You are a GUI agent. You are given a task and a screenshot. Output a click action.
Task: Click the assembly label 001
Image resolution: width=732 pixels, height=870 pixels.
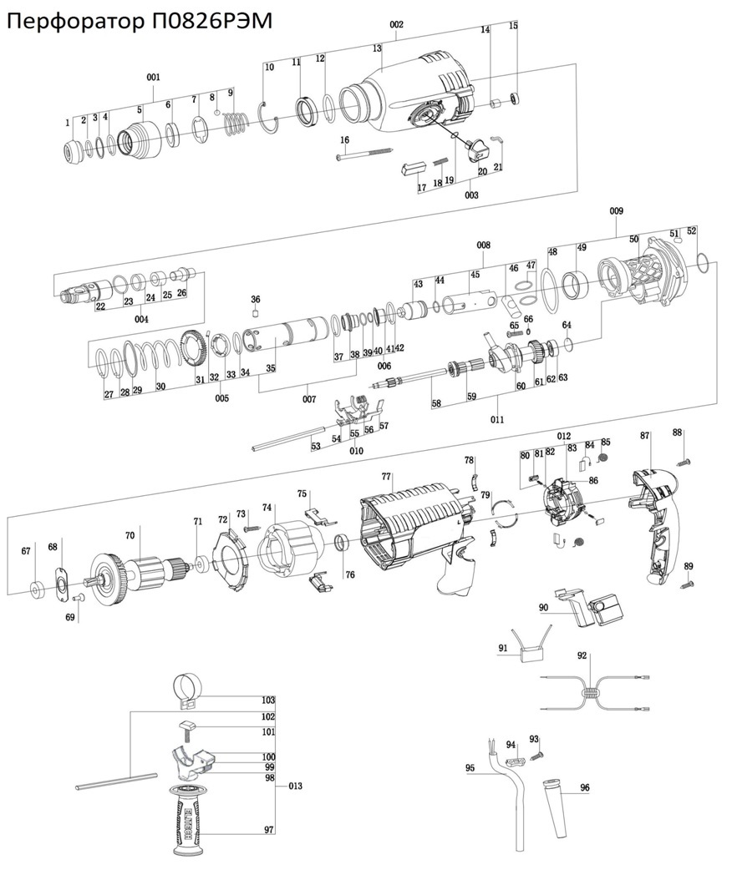[x=153, y=78]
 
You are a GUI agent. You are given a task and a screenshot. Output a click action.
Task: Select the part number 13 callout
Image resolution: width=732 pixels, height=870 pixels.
[x=377, y=49]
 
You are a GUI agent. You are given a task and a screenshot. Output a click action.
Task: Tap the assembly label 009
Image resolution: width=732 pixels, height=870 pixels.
[x=616, y=210]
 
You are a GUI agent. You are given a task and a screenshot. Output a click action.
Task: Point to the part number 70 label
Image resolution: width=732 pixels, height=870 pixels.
[x=130, y=535]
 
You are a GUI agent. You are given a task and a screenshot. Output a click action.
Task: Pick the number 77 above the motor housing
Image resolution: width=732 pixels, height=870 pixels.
[x=387, y=477]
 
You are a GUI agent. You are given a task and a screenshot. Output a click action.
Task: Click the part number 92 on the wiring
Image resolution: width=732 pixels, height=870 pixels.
[x=582, y=655]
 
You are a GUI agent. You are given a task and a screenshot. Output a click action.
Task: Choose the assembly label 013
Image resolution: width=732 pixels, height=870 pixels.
[x=295, y=786]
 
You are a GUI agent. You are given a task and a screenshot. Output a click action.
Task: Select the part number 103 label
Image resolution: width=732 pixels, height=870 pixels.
[x=268, y=700]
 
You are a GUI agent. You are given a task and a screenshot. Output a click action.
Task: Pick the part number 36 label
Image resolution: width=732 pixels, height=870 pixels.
[x=256, y=299]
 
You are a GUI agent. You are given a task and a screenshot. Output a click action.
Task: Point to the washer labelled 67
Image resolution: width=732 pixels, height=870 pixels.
[x=38, y=589]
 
